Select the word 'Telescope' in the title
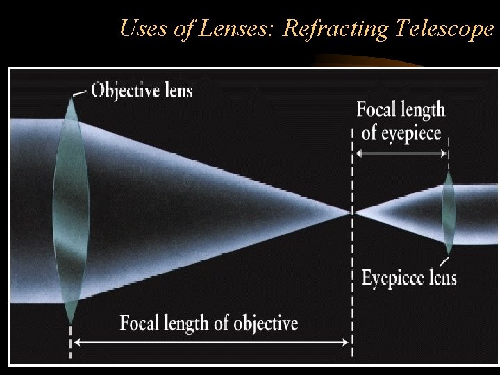pos(444,28)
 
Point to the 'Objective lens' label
pos(142,90)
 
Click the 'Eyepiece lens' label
pos(409,278)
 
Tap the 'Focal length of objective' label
pos(208,323)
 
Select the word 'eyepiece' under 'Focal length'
pos(410,133)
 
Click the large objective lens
pos(71,208)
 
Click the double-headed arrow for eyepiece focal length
pos(401,155)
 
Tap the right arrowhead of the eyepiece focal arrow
pos(445,155)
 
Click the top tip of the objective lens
pos(72,98)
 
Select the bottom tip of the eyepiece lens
pos(449,253)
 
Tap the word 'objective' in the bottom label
pos(265,323)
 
